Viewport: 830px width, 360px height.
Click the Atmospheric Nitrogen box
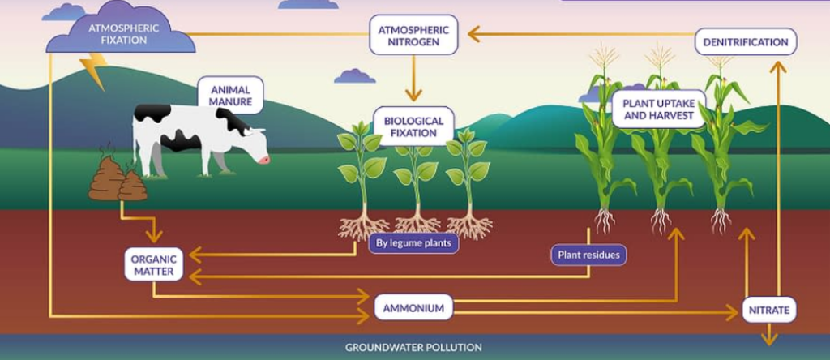point(413,34)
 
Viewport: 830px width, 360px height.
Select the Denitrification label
point(745,41)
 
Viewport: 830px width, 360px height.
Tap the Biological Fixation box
point(413,126)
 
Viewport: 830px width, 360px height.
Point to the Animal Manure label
point(230,95)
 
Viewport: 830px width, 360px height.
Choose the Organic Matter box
point(153,265)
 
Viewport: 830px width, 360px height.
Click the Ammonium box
point(413,308)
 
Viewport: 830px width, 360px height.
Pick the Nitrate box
point(769,309)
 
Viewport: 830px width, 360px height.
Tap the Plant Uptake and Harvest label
point(658,109)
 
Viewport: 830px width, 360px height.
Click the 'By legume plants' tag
point(413,242)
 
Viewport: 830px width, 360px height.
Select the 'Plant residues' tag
point(589,255)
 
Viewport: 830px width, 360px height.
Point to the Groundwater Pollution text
point(413,347)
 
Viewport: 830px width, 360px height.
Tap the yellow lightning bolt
point(96,70)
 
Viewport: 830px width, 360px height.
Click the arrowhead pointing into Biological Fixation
point(413,95)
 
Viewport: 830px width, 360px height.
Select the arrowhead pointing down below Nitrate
point(769,338)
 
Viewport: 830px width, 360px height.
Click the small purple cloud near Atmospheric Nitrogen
point(354,76)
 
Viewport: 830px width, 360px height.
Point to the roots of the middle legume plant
point(417,223)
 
